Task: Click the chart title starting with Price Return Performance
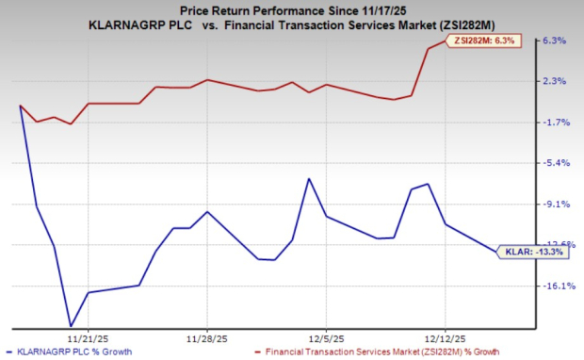coord(292,8)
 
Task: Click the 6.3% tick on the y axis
coord(554,41)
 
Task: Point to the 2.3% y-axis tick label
coord(554,81)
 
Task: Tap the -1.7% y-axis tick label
coord(554,123)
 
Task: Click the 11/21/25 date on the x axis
coord(87,335)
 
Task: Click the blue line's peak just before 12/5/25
coord(309,178)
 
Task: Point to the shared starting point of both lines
coord(21,106)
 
